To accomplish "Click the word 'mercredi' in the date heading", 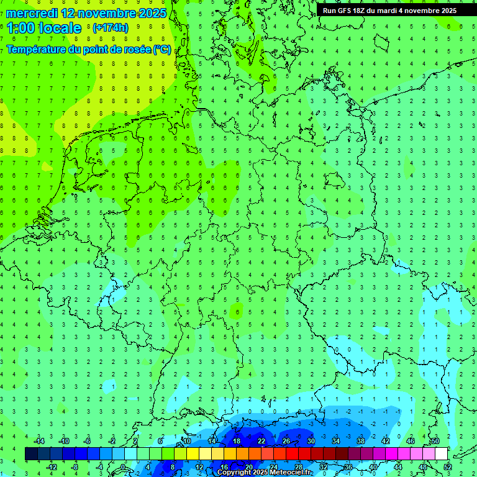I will [x=32, y=13].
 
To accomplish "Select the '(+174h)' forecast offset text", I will [x=111, y=28].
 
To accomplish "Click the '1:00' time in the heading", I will [x=20, y=28].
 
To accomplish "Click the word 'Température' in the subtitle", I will [x=36, y=50].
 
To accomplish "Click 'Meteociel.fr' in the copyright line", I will [x=288, y=472].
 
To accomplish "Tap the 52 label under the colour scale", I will [x=447, y=467].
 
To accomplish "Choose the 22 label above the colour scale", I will [x=261, y=441].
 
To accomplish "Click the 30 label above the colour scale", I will [x=311, y=441].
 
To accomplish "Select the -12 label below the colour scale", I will [x=52, y=467].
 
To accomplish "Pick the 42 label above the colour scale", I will [x=386, y=441].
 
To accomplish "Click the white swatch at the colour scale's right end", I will [x=441, y=454].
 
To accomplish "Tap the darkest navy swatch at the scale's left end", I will [x=31, y=454].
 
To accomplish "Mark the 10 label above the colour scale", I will [x=187, y=441].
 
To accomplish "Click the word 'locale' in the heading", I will [x=60, y=28].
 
